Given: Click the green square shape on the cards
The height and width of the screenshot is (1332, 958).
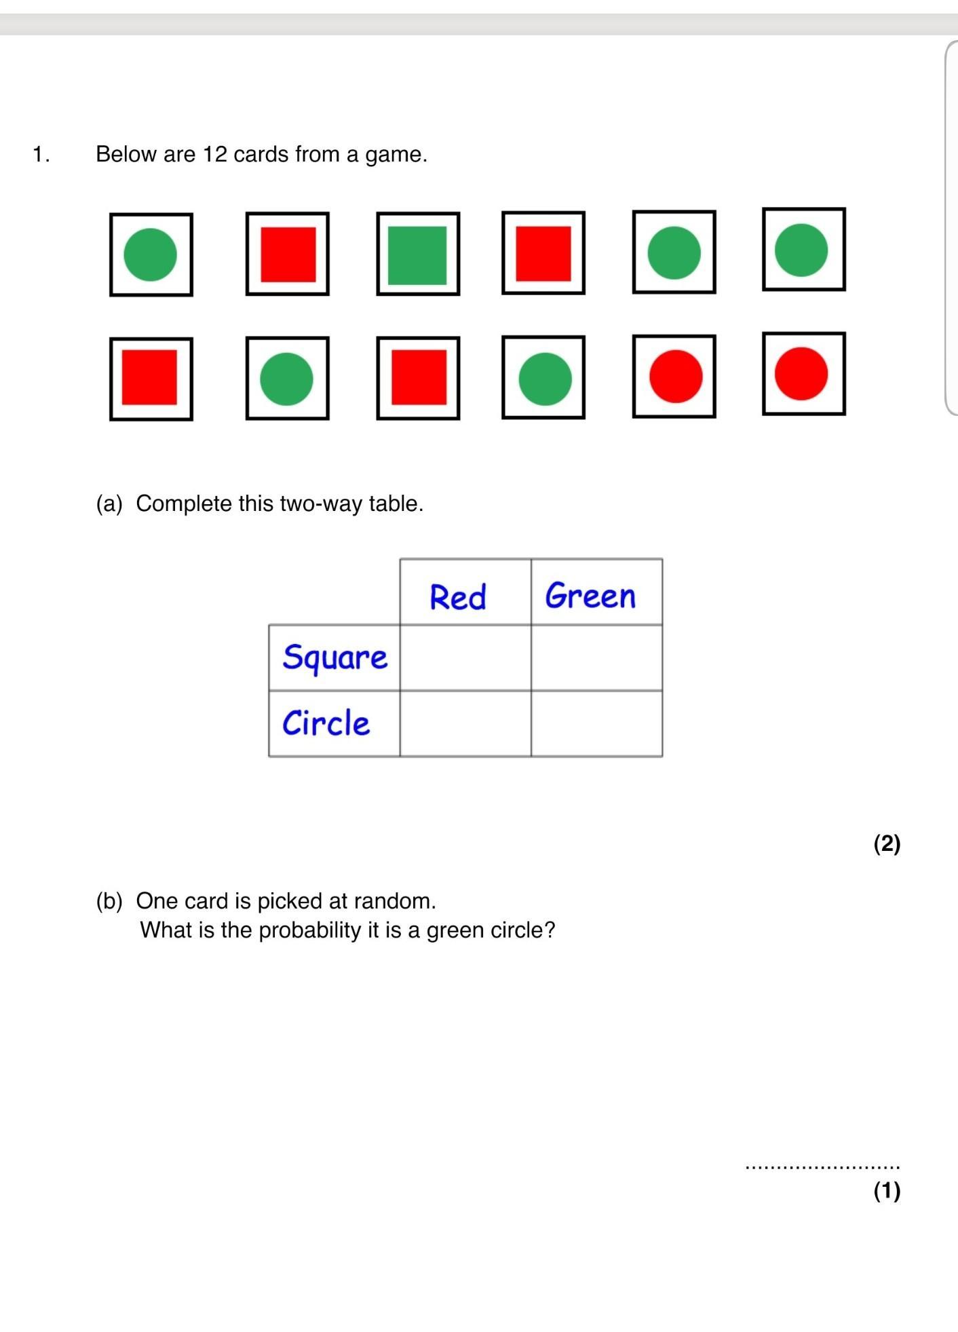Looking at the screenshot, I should click(x=417, y=255).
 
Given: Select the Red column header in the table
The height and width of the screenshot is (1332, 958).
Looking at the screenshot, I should click(x=458, y=597).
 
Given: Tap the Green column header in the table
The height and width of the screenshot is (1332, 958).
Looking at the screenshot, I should click(x=590, y=596).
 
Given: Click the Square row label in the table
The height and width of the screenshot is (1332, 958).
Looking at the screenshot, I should click(x=334, y=658).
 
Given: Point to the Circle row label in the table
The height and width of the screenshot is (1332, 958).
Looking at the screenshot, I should click(x=326, y=723).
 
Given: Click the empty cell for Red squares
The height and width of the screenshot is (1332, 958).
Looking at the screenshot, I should click(x=465, y=658).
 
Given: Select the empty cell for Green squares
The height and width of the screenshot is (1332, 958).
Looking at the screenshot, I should click(x=596, y=658).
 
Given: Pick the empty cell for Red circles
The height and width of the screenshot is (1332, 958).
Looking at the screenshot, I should click(x=465, y=723).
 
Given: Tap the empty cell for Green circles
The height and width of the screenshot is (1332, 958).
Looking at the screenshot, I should click(x=596, y=723).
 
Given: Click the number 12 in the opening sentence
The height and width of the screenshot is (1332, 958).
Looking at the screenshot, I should click(x=214, y=155).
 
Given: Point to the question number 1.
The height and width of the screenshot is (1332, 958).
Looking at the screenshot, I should click(x=41, y=155).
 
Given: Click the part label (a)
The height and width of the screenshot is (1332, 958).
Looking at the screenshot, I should click(x=109, y=503).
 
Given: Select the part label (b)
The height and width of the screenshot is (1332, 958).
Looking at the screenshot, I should click(x=109, y=901).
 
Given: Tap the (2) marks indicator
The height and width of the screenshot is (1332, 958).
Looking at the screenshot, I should click(x=887, y=843).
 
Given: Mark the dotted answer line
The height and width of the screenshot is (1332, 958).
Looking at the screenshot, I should click(x=822, y=1167).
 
